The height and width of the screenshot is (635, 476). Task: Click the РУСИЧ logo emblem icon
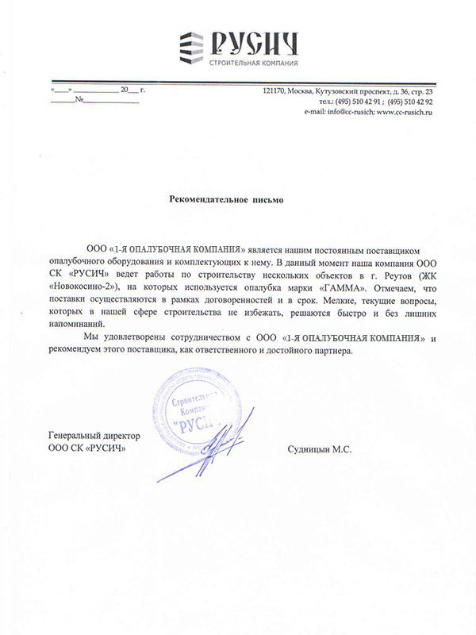click(x=190, y=47)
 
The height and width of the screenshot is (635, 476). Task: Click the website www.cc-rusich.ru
click(x=405, y=113)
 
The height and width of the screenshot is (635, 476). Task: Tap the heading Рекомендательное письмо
click(x=226, y=200)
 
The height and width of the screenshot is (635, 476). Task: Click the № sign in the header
click(x=80, y=102)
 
